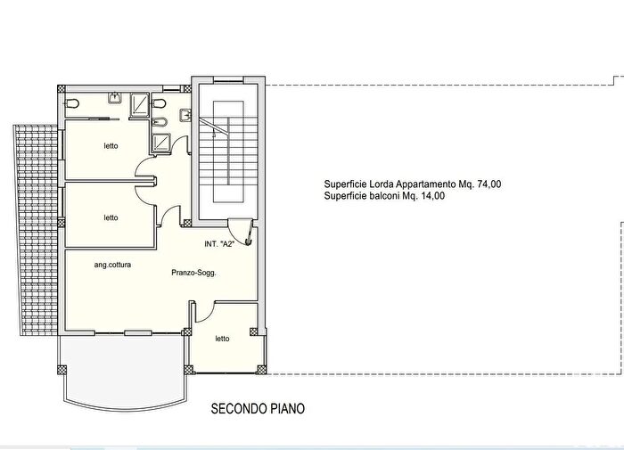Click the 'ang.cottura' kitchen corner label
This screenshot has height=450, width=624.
(x=113, y=265)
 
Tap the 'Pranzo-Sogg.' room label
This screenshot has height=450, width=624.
(x=194, y=274)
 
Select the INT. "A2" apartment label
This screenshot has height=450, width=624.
(x=218, y=242)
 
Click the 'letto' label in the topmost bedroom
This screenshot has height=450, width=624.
(x=111, y=146)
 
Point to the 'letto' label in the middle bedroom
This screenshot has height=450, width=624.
(x=111, y=217)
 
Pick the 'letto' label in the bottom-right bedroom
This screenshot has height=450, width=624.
(x=222, y=339)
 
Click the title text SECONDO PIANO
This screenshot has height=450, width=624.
(x=258, y=409)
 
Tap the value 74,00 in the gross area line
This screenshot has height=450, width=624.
(x=487, y=184)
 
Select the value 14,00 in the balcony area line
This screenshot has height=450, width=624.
(x=426, y=196)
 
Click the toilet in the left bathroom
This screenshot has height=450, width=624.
(x=71, y=103)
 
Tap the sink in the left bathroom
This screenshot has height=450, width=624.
(x=114, y=97)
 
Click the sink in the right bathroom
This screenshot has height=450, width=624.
(x=185, y=115)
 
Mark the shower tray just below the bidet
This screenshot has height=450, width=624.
(x=161, y=143)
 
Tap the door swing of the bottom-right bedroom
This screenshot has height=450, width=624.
(x=202, y=312)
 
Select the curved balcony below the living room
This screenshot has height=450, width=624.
(x=124, y=370)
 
